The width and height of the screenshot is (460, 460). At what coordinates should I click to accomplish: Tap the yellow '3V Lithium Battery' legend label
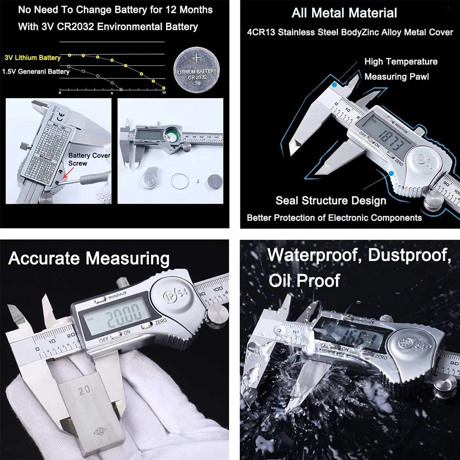(32, 58)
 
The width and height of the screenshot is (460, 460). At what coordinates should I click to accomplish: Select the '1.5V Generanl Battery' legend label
(36, 71)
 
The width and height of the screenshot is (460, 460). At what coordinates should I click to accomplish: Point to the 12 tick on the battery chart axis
(164, 92)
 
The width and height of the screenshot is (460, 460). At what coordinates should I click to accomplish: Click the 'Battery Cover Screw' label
(89, 159)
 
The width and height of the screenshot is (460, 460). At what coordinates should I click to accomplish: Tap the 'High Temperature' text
(400, 61)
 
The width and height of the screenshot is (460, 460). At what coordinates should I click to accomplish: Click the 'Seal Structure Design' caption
(331, 200)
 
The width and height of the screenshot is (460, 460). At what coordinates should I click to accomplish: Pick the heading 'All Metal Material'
(344, 13)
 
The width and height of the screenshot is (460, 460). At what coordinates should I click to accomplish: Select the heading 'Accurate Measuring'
(89, 259)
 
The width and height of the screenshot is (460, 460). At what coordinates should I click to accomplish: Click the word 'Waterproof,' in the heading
(314, 255)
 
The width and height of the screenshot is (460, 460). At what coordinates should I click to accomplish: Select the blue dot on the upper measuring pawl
(334, 84)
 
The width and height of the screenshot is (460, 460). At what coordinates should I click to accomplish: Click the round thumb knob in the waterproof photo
(444, 386)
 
